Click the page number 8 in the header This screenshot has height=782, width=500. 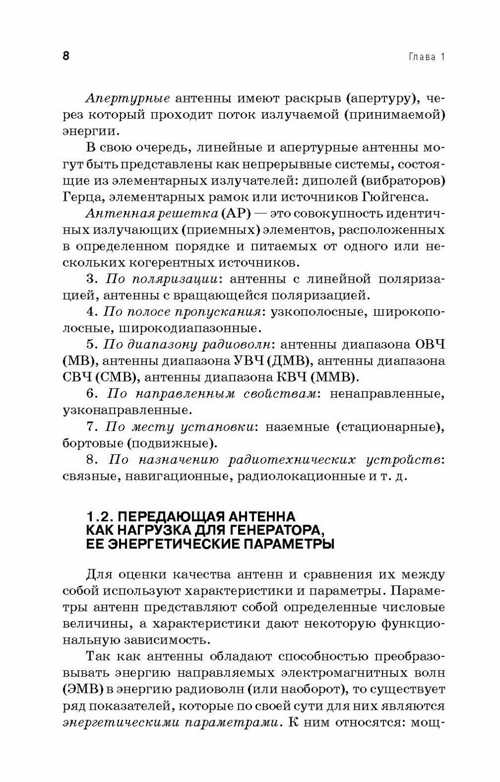point(66,56)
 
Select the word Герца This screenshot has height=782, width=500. point(80,197)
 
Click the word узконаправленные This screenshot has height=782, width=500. point(125,410)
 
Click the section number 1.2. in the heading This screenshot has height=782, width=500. point(101,517)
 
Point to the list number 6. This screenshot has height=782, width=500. point(90,394)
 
